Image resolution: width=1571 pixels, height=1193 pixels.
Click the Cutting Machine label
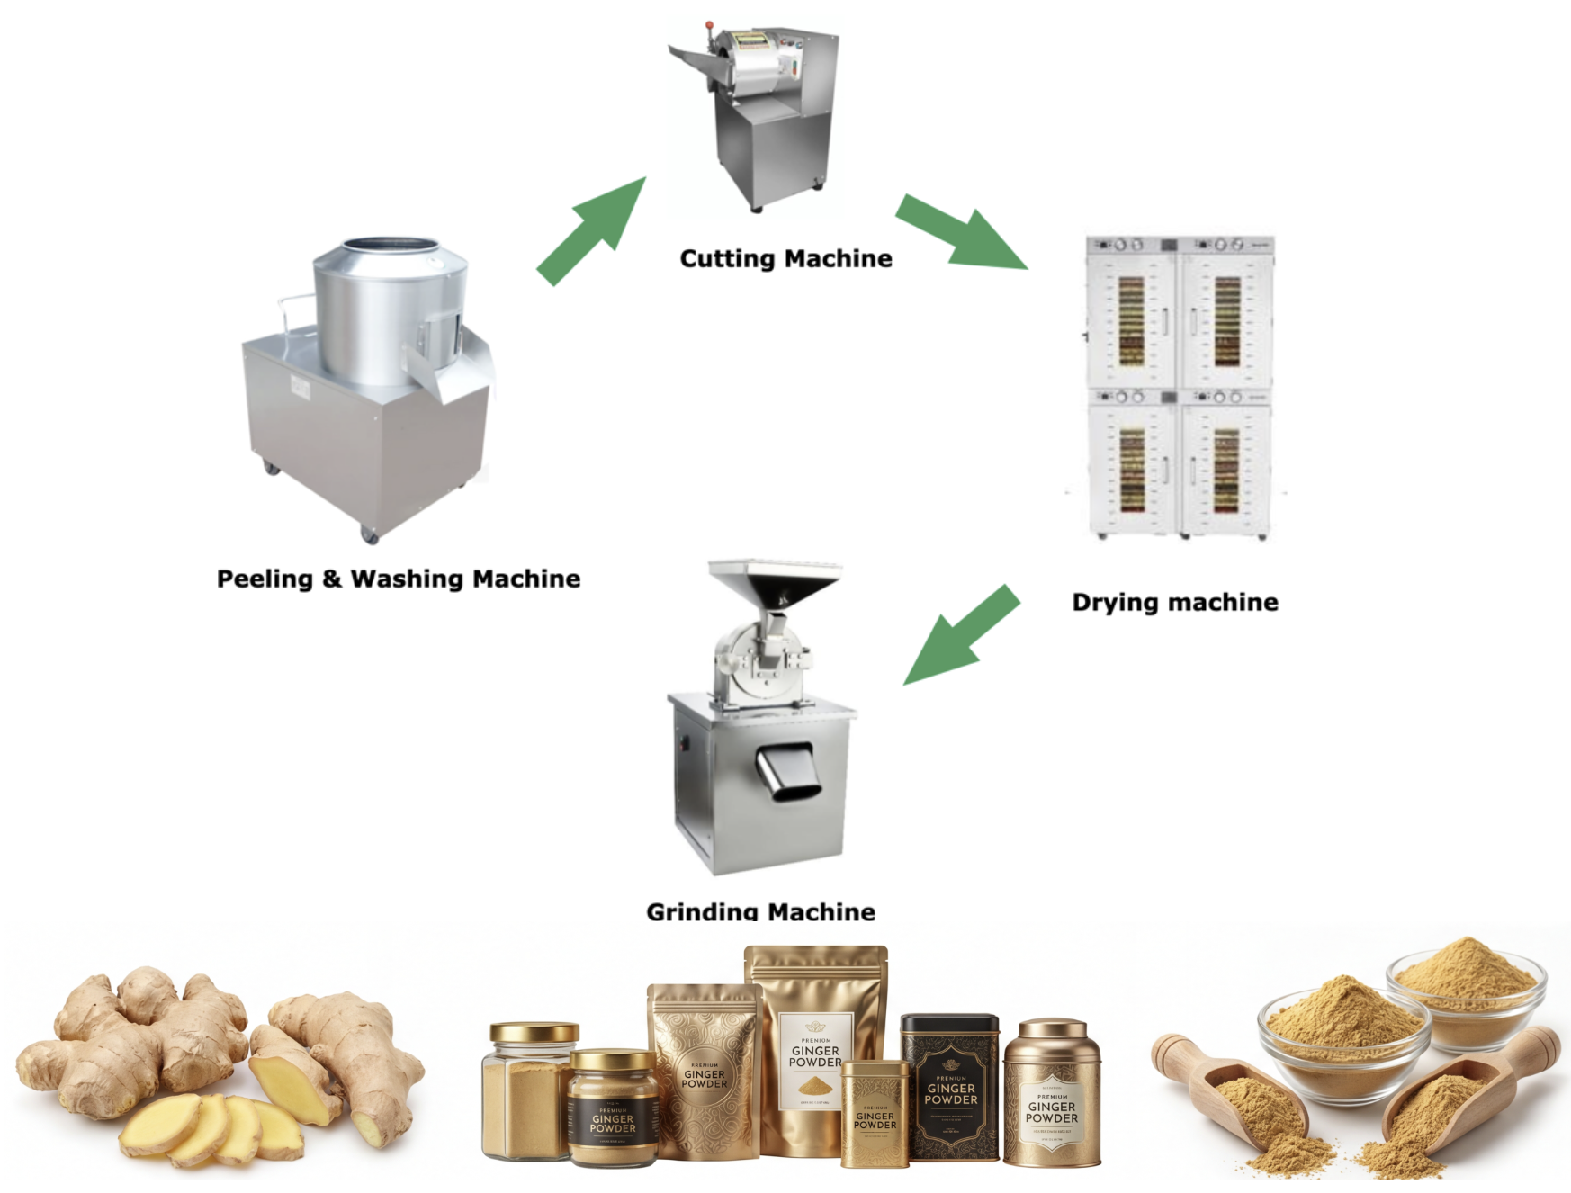pos(785,258)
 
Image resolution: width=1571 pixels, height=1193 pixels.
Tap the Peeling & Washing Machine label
pos(398,579)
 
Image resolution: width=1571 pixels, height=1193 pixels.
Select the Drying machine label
pos(1174,602)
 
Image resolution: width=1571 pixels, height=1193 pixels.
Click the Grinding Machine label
pos(760,910)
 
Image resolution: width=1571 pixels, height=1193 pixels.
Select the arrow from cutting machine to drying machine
pos(962,233)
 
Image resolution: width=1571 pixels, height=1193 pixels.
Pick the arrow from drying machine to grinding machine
pos(962,635)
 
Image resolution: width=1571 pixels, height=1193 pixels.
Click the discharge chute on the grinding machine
pos(790,771)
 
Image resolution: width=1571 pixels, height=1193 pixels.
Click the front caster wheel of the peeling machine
pos(369,534)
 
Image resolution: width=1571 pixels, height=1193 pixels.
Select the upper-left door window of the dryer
pos(1131,320)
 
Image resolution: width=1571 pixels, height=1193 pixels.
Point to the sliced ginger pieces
pos(211,1125)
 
